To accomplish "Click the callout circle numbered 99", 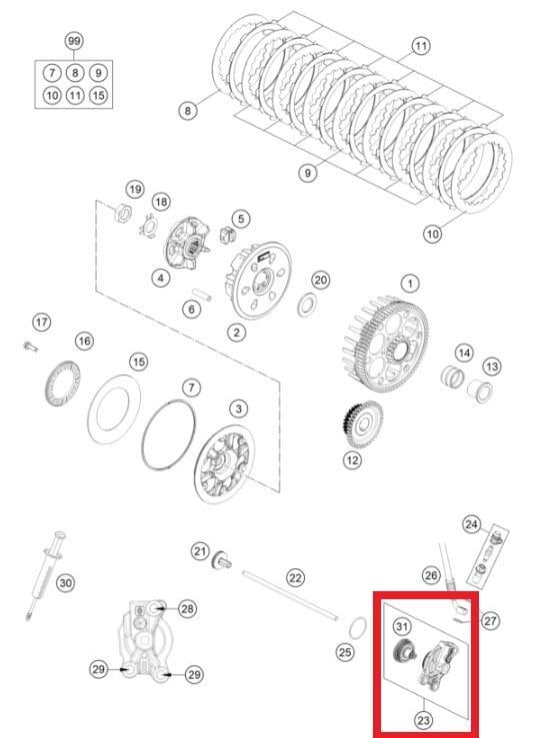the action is (x=74, y=41).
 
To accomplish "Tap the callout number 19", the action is (x=135, y=190).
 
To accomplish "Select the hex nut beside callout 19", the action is (x=123, y=213).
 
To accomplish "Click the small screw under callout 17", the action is (x=30, y=347).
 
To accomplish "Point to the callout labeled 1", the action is (x=410, y=284).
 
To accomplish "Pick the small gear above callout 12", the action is (x=363, y=424).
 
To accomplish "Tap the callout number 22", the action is (x=295, y=577).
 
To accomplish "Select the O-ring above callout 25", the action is (x=358, y=628).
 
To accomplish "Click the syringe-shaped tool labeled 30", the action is (x=46, y=575).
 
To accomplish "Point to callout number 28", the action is (x=187, y=609).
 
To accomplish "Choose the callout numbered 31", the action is (x=401, y=626).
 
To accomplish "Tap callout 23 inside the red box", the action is (x=423, y=720).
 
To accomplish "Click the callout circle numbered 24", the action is (x=471, y=524).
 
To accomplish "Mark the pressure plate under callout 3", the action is (x=224, y=463).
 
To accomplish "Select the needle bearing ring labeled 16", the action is (x=63, y=383).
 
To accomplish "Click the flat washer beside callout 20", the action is (x=307, y=305).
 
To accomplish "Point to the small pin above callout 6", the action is (x=202, y=295).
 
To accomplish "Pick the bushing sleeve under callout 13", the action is (x=480, y=391).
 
